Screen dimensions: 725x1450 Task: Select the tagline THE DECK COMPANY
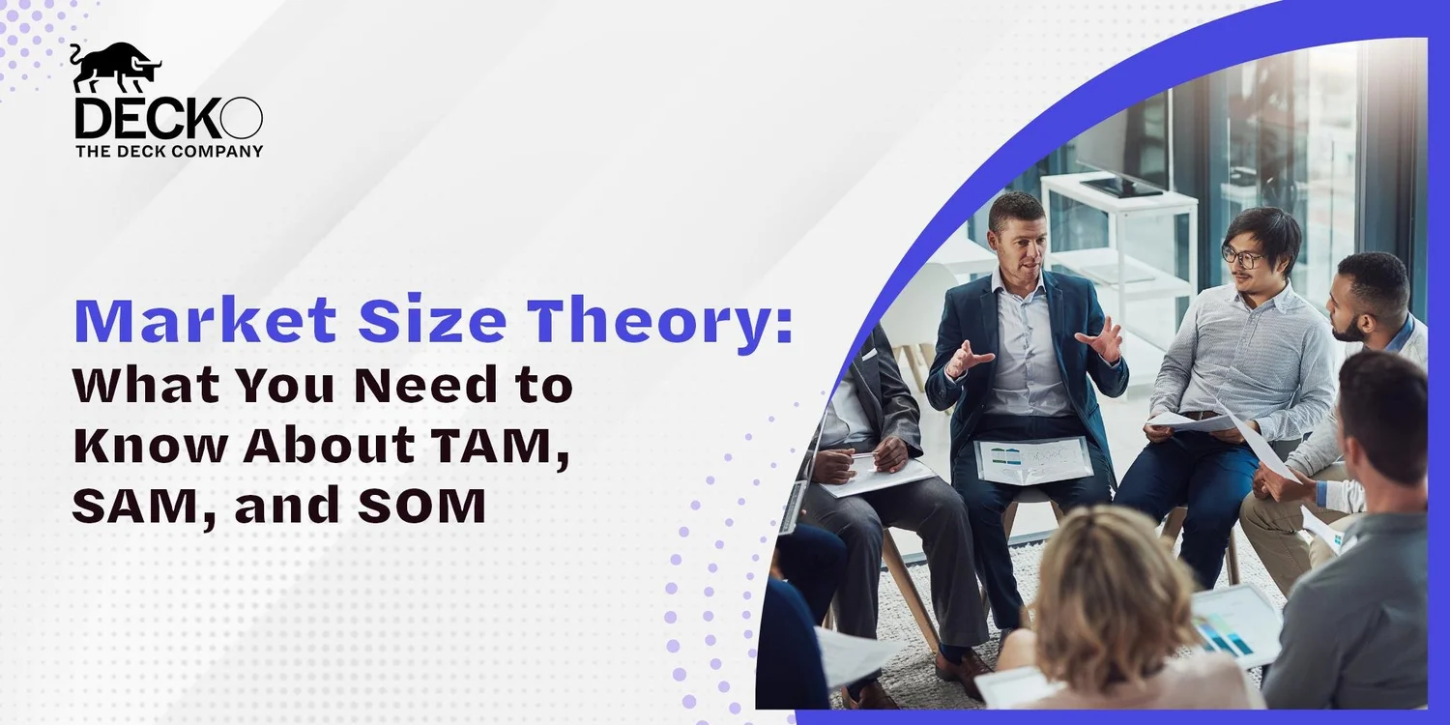coord(169,152)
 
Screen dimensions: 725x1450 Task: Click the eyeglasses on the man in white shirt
coord(1242,256)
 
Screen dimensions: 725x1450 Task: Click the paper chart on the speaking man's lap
coord(1032,459)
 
